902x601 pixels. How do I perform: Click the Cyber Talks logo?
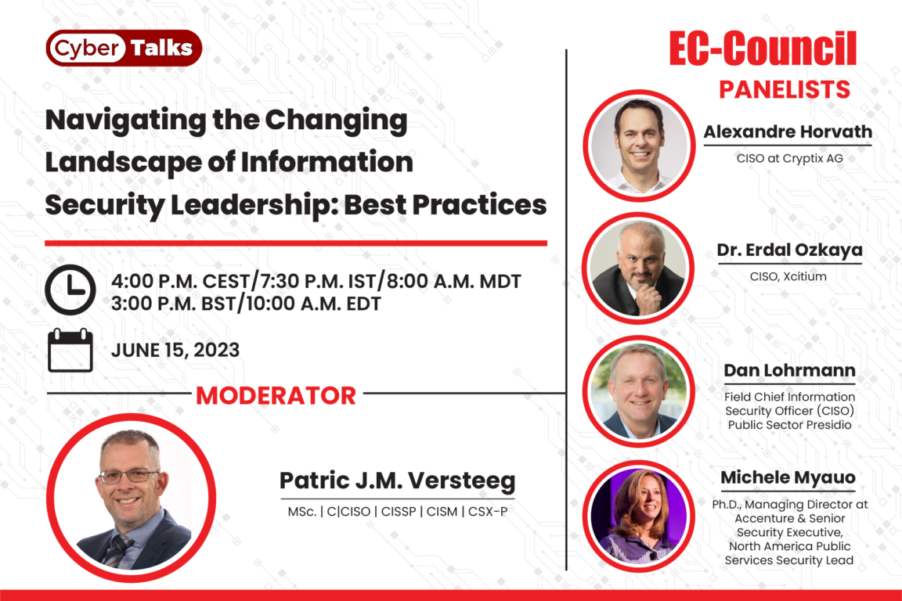click(124, 49)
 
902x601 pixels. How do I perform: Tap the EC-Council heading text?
click(763, 49)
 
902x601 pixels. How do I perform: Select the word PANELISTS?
click(785, 90)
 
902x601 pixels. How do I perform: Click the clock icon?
click(70, 290)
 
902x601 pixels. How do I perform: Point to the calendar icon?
click(70, 351)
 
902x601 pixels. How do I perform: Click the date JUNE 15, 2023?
click(175, 351)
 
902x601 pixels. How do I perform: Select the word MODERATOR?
click(276, 396)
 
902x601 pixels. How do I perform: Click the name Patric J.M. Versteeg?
click(398, 480)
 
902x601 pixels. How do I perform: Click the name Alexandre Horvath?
click(788, 131)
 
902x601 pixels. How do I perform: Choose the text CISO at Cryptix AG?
click(790, 158)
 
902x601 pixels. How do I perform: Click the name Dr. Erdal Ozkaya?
click(790, 250)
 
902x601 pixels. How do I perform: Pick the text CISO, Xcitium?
click(788, 277)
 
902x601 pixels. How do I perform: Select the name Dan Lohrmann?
click(790, 370)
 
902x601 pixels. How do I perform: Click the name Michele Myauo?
click(788, 477)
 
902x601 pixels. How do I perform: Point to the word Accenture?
click(762, 518)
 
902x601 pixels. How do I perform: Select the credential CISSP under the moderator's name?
click(399, 512)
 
